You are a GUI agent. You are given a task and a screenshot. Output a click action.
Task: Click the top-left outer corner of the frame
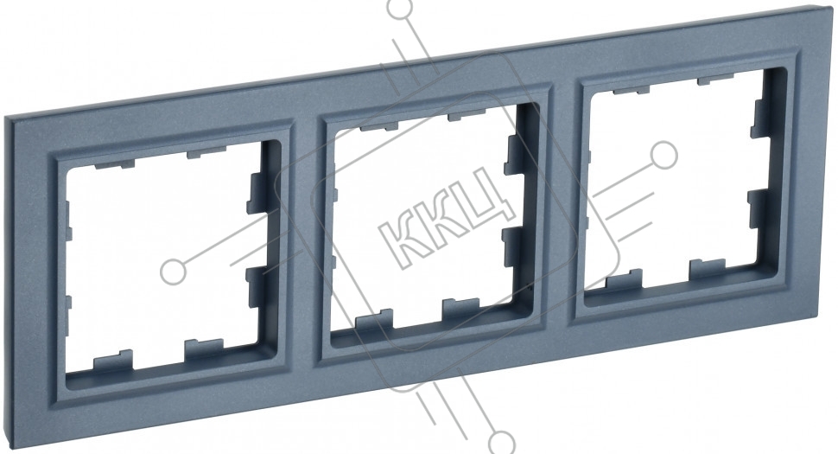coord(4,117)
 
